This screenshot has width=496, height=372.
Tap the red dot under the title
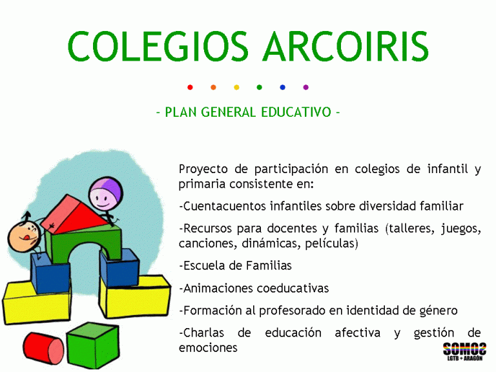190,87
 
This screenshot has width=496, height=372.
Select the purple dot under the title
305,87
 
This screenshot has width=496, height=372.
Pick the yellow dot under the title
236,87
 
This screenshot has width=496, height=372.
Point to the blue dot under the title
282,87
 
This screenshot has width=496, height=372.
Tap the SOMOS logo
464,353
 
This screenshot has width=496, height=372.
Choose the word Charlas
202,333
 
